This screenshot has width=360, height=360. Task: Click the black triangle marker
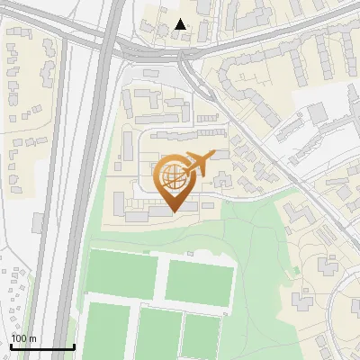point(181,24)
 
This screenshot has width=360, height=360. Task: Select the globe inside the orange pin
point(172,176)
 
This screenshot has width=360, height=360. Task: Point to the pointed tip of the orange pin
point(172,211)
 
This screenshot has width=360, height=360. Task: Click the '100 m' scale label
point(23,338)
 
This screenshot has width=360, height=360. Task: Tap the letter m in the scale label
point(32,338)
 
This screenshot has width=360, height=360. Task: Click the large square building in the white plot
point(317,113)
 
